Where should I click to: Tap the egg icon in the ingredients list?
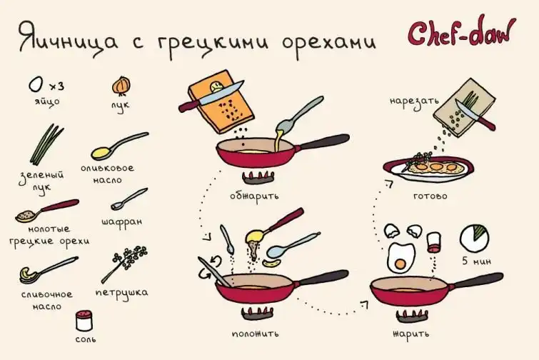tap(36, 84)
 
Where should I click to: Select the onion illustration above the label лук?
tap(121, 86)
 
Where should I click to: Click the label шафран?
tap(121, 221)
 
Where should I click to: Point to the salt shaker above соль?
tap(84, 321)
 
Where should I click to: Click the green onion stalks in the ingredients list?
tap(46, 145)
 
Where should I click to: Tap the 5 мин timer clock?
tap(474, 238)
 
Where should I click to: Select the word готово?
tap(430, 196)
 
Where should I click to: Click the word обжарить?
tap(254, 196)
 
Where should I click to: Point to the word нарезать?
tap(414, 102)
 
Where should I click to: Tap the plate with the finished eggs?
tap(428, 169)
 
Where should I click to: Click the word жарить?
tap(410, 333)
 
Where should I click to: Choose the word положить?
tap(255, 334)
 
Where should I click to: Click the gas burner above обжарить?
tap(258, 178)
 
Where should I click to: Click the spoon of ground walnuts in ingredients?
tap(46, 211)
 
